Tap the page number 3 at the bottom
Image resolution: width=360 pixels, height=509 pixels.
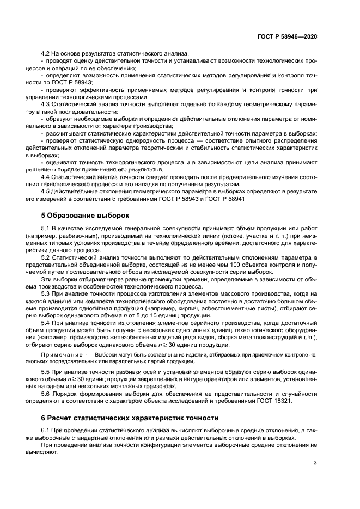[315, 463]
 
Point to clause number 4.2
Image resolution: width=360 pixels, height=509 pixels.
[46, 53]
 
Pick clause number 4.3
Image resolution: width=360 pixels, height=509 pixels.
[46, 103]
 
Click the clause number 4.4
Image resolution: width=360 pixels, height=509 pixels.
[46, 176]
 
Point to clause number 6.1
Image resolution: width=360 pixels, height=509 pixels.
[46, 431]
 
